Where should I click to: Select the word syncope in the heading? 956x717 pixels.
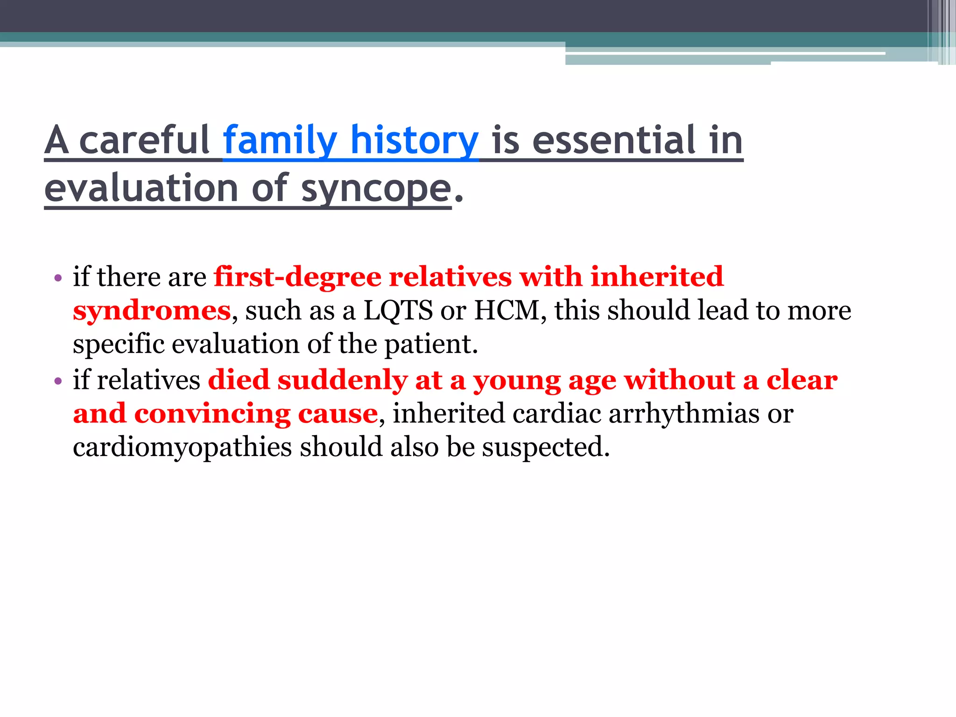coord(376,189)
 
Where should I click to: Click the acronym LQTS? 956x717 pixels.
coord(398,310)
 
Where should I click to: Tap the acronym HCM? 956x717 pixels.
coord(507,310)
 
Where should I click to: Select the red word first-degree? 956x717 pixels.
coord(297,277)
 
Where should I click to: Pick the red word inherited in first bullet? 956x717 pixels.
coord(657,277)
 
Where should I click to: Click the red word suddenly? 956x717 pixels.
coord(342,380)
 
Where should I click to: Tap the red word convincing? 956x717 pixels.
coord(212,414)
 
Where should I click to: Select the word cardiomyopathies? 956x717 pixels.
coord(183,448)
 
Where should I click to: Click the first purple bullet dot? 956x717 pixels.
coord(58,279)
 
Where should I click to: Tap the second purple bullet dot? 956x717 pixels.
coord(58,381)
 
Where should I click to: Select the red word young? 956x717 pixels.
coord(517,381)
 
